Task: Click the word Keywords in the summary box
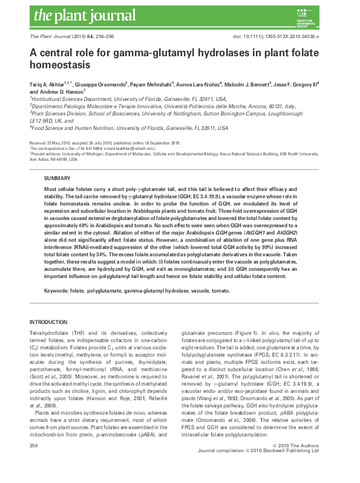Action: (56, 291)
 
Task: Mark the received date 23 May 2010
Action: (57, 143)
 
